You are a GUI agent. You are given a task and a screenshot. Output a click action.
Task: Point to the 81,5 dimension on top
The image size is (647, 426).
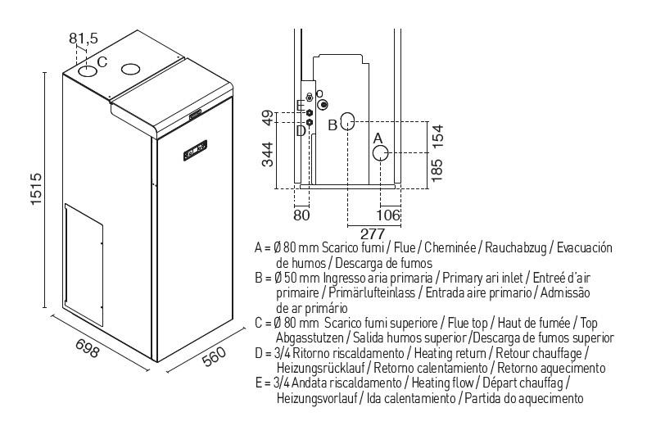click(84, 38)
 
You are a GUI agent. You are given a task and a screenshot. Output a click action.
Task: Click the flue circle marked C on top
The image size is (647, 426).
click(88, 72)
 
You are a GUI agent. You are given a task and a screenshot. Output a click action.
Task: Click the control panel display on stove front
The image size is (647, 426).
click(194, 150)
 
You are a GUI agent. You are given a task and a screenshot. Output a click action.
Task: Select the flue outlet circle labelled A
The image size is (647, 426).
click(382, 152)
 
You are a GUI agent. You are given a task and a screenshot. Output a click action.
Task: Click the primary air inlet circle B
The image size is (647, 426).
click(347, 124)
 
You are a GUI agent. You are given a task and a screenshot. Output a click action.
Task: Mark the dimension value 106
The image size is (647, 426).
click(389, 215)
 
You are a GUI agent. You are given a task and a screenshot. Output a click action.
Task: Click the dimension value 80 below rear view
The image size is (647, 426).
click(302, 215)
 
